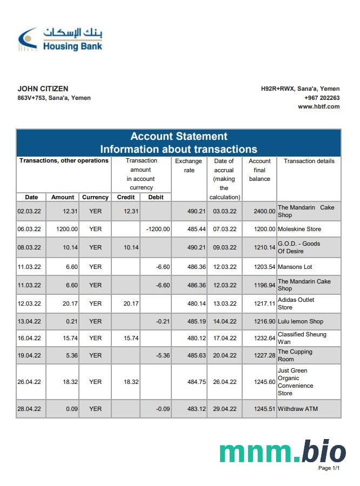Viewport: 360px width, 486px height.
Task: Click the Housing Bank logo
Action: (x=59, y=39)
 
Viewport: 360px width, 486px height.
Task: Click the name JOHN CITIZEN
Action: (x=43, y=89)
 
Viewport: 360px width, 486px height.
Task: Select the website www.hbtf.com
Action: (x=318, y=106)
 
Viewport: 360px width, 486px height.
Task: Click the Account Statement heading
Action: (x=178, y=137)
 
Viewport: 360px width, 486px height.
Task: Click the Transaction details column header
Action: (x=309, y=161)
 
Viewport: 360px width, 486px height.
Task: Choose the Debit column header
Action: (x=156, y=197)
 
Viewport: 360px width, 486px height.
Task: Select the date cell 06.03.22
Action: (x=29, y=229)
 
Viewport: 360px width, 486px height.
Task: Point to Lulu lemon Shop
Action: (x=300, y=321)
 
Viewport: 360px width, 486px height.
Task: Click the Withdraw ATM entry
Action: (x=297, y=409)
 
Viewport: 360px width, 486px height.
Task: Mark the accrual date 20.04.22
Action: (x=224, y=355)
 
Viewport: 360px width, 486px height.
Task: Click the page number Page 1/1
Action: (x=329, y=468)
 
